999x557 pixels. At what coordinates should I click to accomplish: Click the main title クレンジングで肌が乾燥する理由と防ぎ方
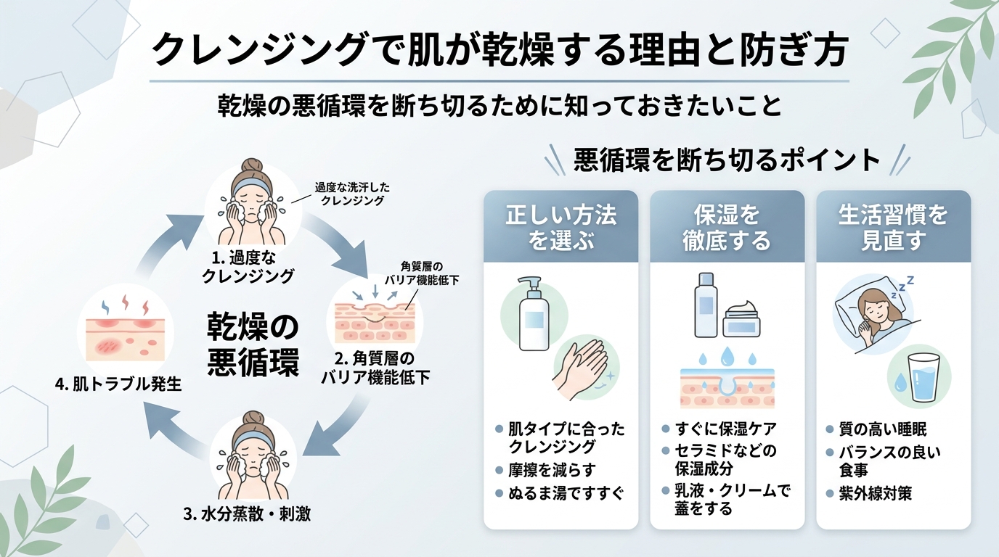pyautogui.click(x=499, y=49)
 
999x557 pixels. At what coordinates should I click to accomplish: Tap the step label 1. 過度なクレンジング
pyautogui.click(x=248, y=266)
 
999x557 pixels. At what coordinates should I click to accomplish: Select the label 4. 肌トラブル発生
pyautogui.click(x=118, y=384)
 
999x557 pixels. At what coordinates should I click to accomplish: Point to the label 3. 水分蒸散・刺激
pyautogui.click(x=247, y=513)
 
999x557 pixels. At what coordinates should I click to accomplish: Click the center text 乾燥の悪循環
pyautogui.click(x=253, y=345)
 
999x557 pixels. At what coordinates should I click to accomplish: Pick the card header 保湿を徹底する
pyautogui.click(x=727, y=227)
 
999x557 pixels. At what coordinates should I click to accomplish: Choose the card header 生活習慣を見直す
pyautogui.click(x=893, y=227)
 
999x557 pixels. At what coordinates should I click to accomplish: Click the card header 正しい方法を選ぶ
pyautogui.click(x=561, y=227)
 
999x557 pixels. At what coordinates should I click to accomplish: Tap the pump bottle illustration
pyautogui.click(x=534, y=314)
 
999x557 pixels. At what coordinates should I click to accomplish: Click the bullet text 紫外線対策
pyautogui.click(x=875, y=493)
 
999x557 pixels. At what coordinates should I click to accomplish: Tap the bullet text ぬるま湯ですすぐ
pyautogui.click(x=566, y=493)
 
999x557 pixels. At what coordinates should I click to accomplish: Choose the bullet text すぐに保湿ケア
pyautogui.click(x=726, y=429)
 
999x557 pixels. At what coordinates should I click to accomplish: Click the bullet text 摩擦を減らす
pyautogui.click(x=552, y=470)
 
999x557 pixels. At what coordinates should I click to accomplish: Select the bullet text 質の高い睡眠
pyautogui.click(x=883, y=429)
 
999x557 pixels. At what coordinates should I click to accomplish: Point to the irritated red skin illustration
pyautogui.click(x=126, y=331)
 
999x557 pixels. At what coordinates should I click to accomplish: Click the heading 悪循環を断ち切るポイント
pyautogui.click(x=727, y=160)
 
